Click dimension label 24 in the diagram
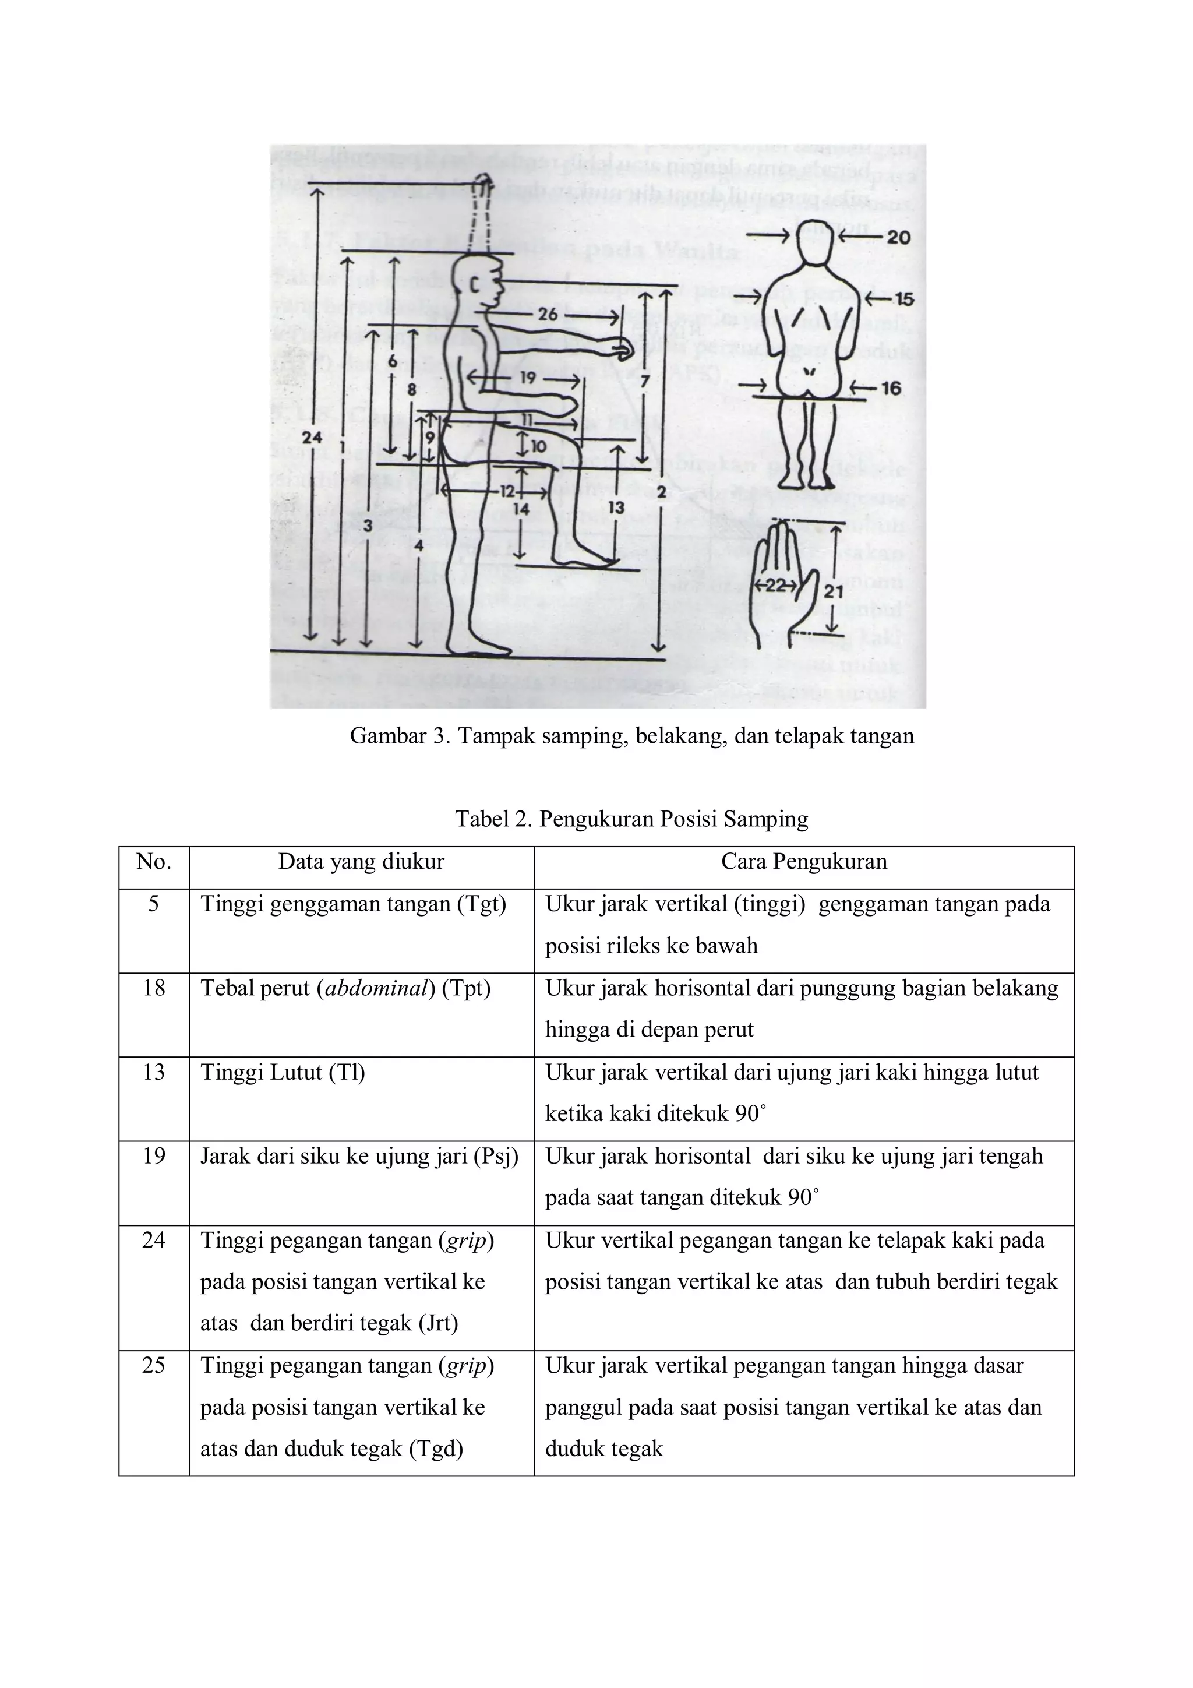click(x=312, y=438)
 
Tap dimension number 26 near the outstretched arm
click(x=548, y=315)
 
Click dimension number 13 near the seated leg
click(x=616, y=508)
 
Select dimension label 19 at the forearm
click(x=527, y=378)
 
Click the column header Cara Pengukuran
click(x=803, y=862)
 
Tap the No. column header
click(x=154, y=862)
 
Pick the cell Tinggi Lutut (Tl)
click(x=283, y=1073)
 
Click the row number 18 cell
click(x=154, y=988)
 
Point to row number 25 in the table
click(x=154, y=1365)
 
